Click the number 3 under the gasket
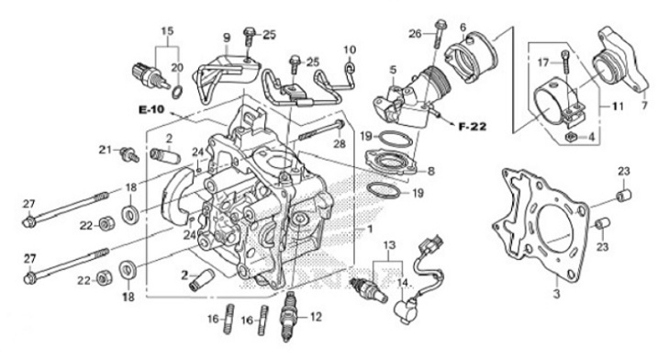(x=555, y=294)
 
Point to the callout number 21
(x=106, y=149)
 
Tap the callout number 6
(x=463, y=28)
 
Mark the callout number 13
(x=389, y=244)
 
